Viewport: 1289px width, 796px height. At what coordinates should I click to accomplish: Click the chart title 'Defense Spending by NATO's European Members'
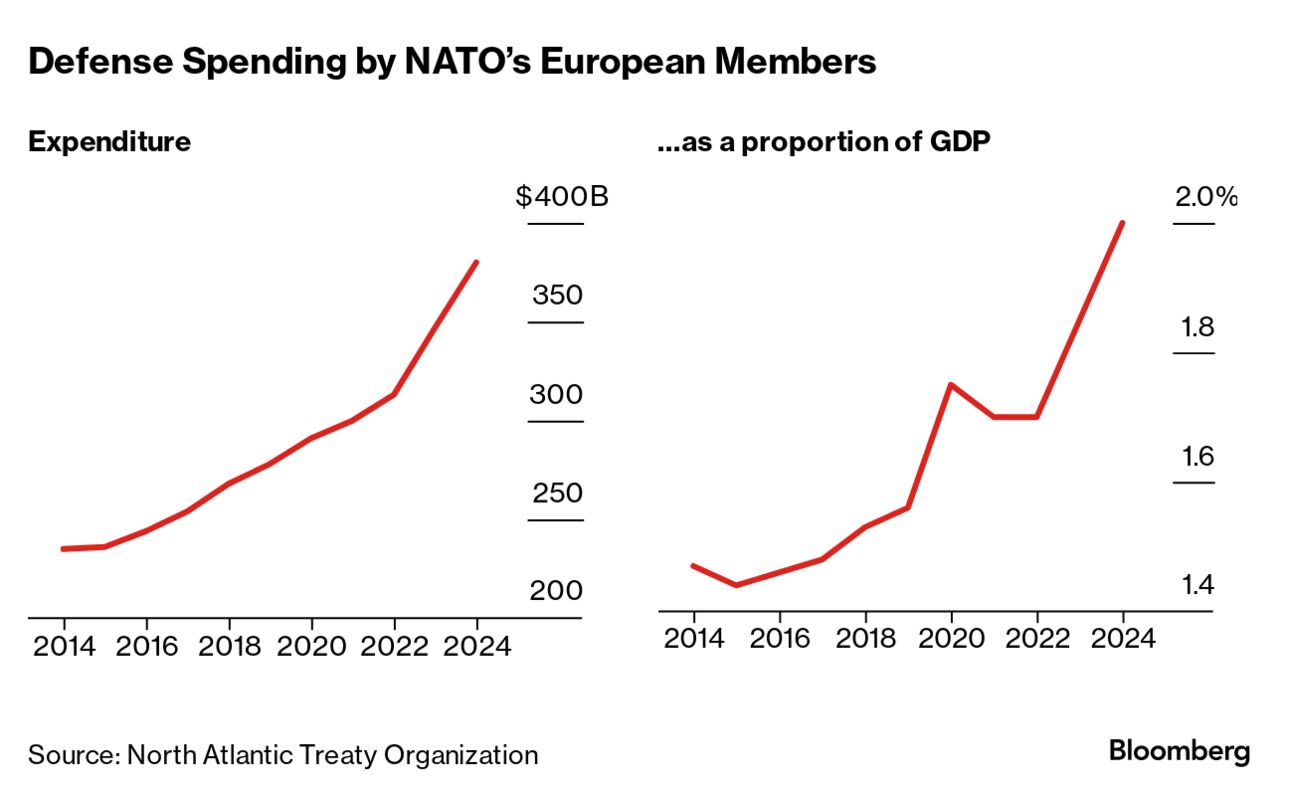(452, 62)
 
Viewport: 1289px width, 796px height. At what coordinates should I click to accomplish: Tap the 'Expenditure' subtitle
(109, 142)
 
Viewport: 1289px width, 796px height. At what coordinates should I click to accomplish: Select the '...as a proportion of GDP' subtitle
(824, 142)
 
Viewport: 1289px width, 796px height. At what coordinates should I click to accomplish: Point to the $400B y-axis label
(562, 197)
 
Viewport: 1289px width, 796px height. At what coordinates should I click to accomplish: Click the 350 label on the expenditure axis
(557, 296)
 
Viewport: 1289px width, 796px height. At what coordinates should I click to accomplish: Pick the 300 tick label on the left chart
(556, 395)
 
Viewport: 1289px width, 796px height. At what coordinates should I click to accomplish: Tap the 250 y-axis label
(556, 494)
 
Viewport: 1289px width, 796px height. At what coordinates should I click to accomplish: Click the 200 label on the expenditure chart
(556, 591)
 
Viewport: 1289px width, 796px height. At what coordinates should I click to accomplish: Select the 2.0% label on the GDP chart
(1206, 198)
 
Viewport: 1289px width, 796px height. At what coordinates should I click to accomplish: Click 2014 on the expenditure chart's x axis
(65, 647)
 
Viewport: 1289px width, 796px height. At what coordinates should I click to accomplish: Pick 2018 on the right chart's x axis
(865, 638)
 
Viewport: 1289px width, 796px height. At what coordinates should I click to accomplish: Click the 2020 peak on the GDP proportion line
(950, 384)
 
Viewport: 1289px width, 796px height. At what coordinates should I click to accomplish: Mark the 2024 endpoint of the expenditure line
(476, 262)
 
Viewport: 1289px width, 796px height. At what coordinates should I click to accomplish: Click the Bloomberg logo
(1179, 751)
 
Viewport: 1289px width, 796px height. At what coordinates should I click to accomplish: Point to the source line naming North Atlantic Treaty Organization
(283, 754)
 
